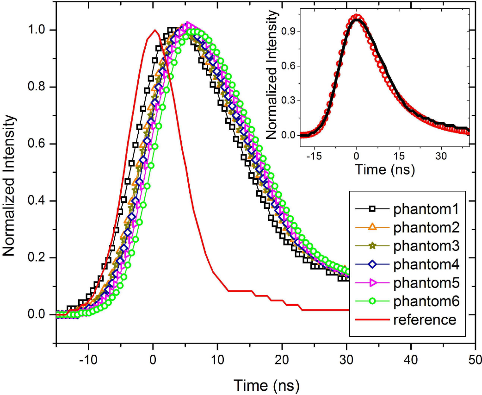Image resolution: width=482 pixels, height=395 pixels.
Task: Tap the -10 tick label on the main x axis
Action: click(87, 360)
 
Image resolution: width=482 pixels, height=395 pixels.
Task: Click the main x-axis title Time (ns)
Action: click(266, 384)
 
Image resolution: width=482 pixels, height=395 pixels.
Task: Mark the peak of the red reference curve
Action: click(154, 31)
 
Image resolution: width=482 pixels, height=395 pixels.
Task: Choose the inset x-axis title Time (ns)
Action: click(384, 169)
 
